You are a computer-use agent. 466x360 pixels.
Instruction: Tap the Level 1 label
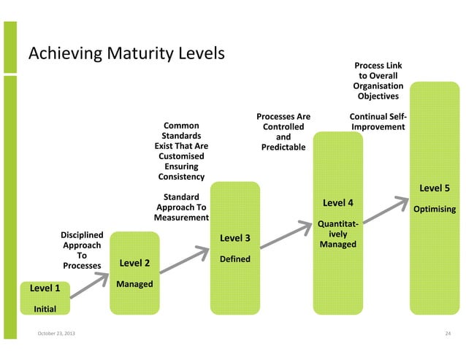tap(45, 288)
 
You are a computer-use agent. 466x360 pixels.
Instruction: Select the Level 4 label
tap(338, 202)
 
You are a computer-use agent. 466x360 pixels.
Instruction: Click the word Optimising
tap(435, 210)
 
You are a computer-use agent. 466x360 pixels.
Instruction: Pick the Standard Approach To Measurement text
tap(181, 207)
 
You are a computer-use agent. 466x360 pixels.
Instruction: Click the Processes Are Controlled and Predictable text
tap(283, 132)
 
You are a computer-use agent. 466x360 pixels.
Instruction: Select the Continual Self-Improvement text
tap(378, 122)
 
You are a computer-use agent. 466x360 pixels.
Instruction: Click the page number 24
tap(448, 334)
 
